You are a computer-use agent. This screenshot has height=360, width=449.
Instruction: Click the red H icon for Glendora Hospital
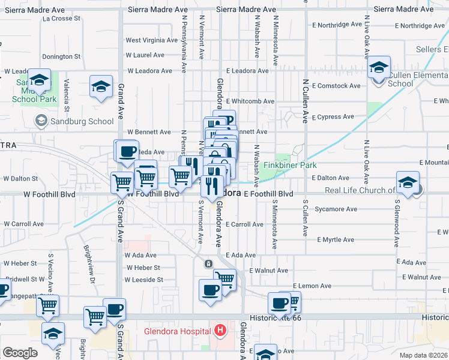220,330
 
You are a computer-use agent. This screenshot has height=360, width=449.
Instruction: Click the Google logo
20,353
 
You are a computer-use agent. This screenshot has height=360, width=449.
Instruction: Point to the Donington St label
61,56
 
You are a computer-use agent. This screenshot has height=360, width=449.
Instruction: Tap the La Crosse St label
61,19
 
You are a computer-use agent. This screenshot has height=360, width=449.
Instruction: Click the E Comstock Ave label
336,86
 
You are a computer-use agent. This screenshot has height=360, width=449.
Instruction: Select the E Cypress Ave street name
333,117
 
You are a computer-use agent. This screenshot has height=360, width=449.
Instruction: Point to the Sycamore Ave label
336,209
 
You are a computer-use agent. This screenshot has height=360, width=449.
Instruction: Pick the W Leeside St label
144,280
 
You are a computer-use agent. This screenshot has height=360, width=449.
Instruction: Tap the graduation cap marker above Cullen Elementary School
379,67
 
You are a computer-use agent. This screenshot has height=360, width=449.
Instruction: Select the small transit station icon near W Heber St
208,264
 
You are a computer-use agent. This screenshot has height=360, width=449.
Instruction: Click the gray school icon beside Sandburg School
41,121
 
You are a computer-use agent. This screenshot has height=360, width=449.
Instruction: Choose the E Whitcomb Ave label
250,101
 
